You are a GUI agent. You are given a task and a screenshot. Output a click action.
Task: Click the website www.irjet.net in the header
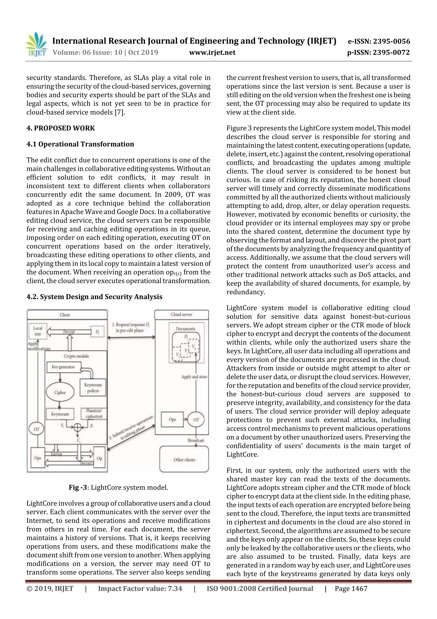click(212, 52)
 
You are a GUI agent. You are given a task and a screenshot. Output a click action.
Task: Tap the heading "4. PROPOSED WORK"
click(61, 128)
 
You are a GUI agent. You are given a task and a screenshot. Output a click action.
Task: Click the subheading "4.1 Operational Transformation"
click(80, 144)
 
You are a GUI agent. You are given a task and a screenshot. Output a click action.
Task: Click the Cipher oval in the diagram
click(60, 392)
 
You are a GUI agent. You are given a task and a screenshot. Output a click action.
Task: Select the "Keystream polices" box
click(93, 388)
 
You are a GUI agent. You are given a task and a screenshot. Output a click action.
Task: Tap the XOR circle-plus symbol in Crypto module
click(77, 426)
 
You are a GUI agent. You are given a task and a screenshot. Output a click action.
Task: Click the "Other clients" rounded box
click(184, 459)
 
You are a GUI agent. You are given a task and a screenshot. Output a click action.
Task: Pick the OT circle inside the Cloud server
click(196, 419)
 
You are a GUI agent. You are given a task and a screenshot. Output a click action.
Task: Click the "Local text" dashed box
click(38, 331)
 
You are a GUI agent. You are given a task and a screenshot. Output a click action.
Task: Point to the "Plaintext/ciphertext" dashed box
click(94, 414)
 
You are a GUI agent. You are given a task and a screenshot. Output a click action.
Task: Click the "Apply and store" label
click(194, 377)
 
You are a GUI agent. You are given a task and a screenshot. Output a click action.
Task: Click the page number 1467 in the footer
click(357, 588)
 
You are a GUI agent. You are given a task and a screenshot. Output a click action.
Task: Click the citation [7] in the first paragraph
click(119, 112)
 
